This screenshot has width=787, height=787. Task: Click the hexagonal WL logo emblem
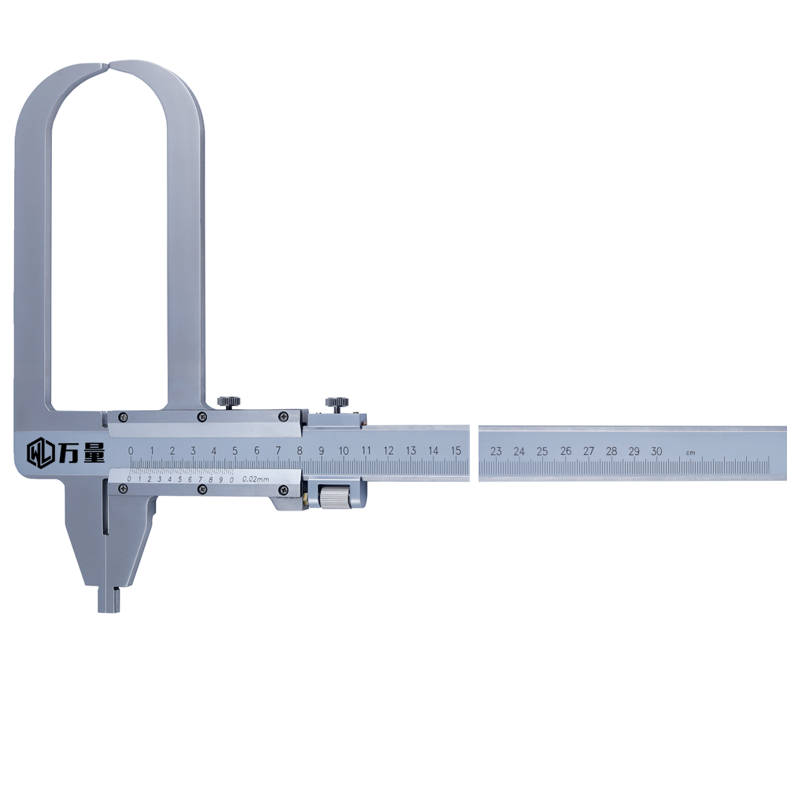39,453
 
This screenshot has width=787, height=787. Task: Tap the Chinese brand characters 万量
81,453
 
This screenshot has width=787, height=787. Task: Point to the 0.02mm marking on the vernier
256,478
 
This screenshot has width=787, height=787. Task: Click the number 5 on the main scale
235,451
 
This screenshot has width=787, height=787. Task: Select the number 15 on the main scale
456,451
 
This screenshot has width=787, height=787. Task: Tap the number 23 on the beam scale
496,451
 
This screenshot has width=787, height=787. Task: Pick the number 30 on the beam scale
656,451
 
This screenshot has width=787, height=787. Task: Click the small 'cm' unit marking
691,453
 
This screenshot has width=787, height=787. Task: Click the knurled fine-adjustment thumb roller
335,497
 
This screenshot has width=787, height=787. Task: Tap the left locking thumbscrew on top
228,402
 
